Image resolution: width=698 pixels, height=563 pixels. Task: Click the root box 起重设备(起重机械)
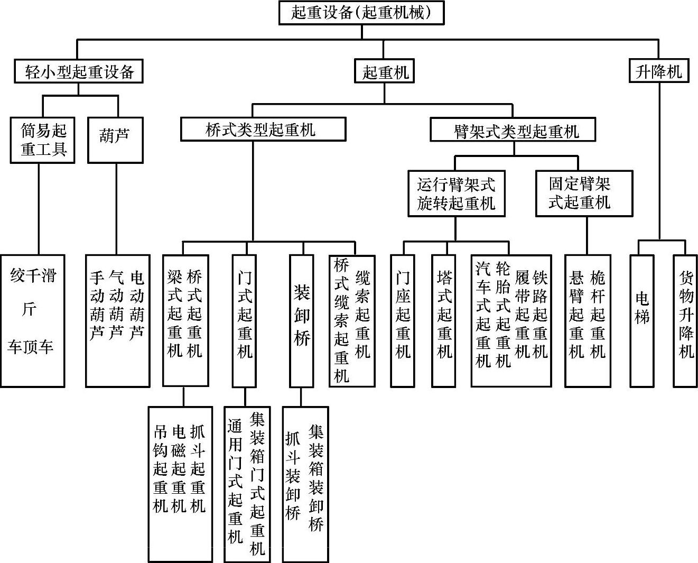[361, 13]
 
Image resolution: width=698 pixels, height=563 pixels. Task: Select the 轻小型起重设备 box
[78, 71]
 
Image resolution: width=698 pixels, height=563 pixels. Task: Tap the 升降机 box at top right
[659, 71]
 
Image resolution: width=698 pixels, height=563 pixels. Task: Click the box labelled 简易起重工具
[43, 140]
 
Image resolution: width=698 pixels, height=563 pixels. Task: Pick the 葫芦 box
[115, 139]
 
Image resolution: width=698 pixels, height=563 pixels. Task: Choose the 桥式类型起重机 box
[263, 130]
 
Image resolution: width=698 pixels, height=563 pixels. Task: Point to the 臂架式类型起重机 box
[513, 130]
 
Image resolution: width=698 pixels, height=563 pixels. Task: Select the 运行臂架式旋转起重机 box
[456, 193]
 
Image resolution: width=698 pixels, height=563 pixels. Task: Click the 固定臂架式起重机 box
[584, 193]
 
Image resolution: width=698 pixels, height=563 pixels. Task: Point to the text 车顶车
[31, 347]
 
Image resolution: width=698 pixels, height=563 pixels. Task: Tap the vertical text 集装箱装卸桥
[316, 478]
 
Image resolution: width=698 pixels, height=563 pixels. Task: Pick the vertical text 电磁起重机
[179, 468]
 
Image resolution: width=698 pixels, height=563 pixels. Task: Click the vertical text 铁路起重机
[539, 314]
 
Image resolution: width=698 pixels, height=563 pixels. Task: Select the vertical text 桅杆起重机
[598, 314]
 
